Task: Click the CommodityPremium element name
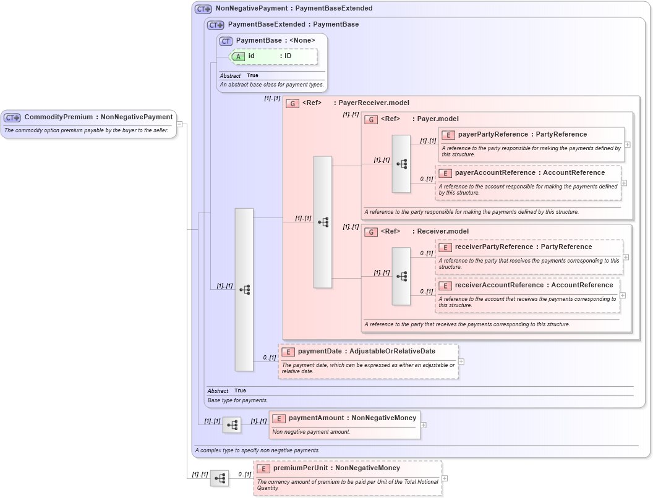tap(59, 117)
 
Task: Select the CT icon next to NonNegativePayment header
tap(203, 9)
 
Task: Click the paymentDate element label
tap(320, 352)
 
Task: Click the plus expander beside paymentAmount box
tap(423, 425)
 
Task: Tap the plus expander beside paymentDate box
tap(461, 362)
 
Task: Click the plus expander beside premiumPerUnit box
tap(445, 478)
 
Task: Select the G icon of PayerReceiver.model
tap(292, 103)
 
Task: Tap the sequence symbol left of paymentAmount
tap(232, 425)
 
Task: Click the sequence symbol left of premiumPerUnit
tap(220, 478)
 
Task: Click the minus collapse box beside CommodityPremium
tap(179, 124)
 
